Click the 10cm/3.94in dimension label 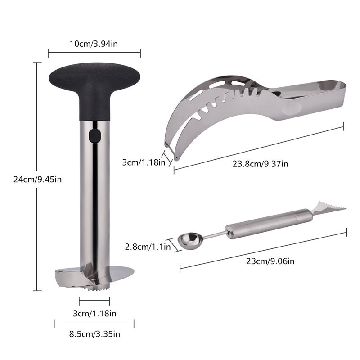click(94, 44)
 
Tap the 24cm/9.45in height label click(37, 179)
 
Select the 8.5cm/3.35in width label click(94, 334)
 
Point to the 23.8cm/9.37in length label click(260, 164)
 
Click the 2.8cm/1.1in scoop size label click(148, 247)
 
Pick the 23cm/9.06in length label click(270, 261)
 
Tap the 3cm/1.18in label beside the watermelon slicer click(144, 162)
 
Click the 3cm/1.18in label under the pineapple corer click(94, 313)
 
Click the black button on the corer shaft click(94, 136)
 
